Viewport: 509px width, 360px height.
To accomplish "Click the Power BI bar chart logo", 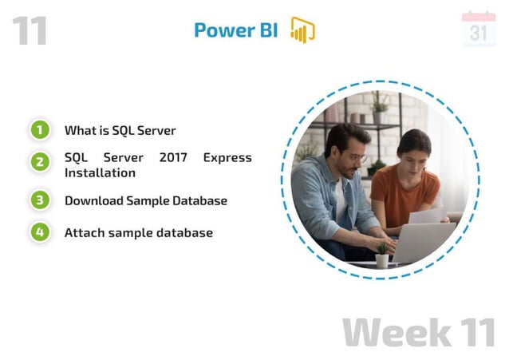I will click(302, 30).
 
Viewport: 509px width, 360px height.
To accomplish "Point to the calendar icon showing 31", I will click(478, 30).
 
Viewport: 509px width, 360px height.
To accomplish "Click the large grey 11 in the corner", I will click(30, 30).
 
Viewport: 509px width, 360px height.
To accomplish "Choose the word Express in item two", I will click(227, 157).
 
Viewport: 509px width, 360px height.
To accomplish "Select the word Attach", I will click(83, 232).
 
